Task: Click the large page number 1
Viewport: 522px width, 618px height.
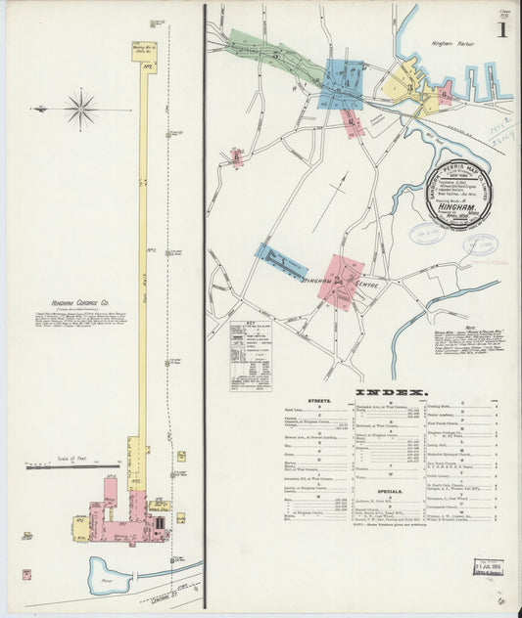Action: point(501,28)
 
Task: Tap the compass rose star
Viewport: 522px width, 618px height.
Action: point(80,109)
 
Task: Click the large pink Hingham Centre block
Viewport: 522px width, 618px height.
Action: point(341,281)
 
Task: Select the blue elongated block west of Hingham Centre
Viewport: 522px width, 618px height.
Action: point(281,261)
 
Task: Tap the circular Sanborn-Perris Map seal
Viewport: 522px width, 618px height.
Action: point(458,192)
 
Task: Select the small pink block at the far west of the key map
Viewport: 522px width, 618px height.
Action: point(236,157)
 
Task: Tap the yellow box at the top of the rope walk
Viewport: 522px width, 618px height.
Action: point(143,51)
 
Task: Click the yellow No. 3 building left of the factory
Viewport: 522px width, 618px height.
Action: point(81,527)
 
